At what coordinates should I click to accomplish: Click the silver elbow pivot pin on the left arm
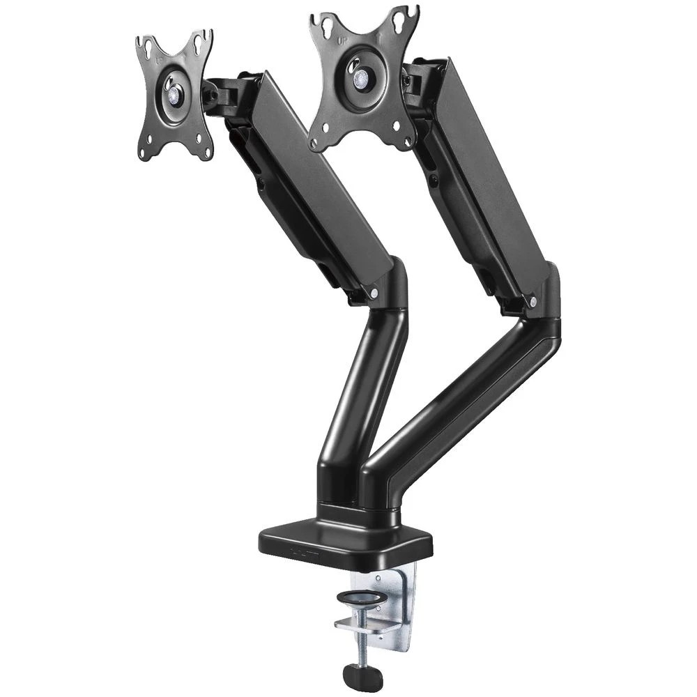pos(374,294)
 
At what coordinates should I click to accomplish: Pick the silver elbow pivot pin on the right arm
pos(534,302)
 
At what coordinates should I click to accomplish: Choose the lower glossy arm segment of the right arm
pos(460,404)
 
